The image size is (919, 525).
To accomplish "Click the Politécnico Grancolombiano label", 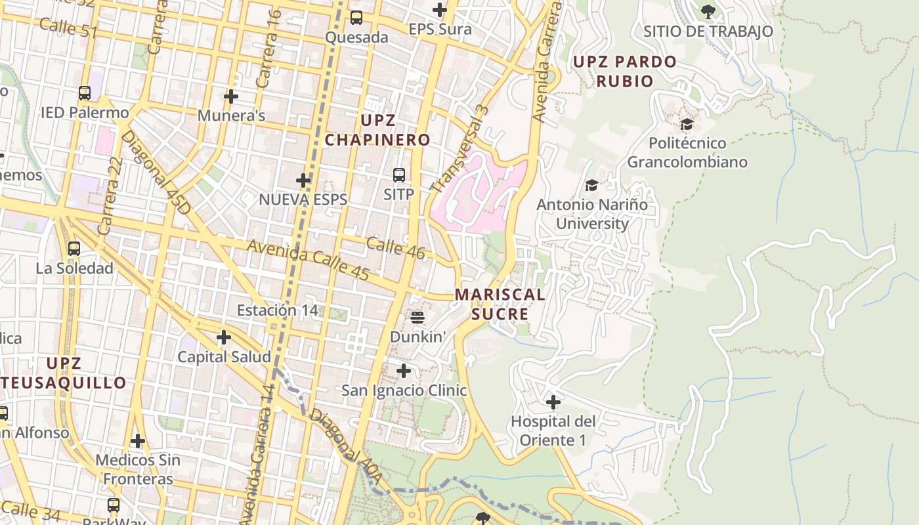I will tap(687, 152).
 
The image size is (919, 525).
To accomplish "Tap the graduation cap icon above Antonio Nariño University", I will tap(591, 186).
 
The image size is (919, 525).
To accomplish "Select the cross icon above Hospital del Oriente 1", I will tap(553, 402).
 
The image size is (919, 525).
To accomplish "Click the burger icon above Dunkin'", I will tap(417, 318).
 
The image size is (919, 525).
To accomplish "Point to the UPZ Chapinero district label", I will tap(377, 130).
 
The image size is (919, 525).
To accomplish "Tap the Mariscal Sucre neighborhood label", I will tap(500, 304).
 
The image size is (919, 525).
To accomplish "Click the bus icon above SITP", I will tap(398, 175).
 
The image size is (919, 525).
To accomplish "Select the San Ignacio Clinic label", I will tap(404, 390).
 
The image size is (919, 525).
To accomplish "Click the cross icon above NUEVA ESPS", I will tap(303, 180).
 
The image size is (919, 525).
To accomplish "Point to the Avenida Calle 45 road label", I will tap(308, 260).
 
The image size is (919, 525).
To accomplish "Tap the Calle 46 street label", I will tap(395, 248).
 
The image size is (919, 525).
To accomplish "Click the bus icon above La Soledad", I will tap(74, 249).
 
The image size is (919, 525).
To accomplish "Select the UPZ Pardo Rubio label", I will tap(624, 72).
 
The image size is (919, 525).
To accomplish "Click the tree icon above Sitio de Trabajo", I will tap(708, 11).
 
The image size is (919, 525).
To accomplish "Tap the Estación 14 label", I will tap(277, 310).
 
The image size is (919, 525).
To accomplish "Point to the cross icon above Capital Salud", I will tap(224, 337).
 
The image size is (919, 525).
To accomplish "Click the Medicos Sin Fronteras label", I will tap(138, 469).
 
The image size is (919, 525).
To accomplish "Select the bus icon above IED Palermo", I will tap(85, 93).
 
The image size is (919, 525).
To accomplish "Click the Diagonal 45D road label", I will tap(156, 173).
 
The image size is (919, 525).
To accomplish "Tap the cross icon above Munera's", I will tap(231, 96).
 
